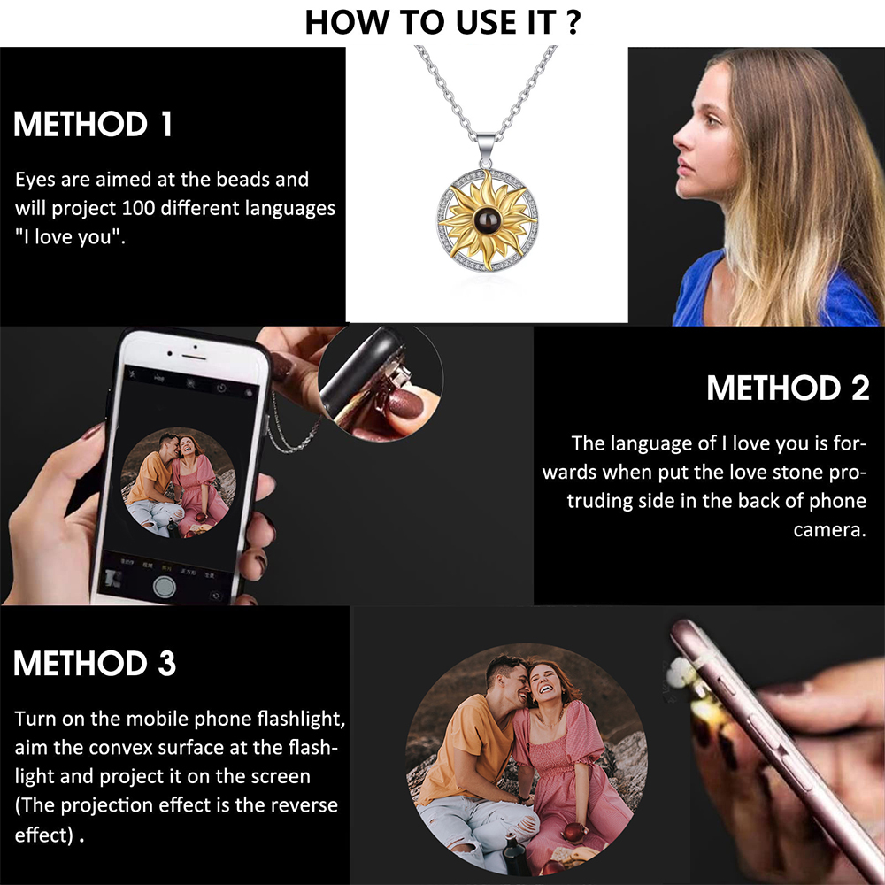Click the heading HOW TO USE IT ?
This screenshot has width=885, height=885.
[x=442, y=23]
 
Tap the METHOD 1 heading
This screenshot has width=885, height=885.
[x=93, y=124]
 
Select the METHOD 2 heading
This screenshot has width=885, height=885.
[x=788, y=389]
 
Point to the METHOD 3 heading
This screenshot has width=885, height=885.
[x=95, y=663]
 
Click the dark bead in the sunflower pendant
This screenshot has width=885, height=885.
[x=487, y=219]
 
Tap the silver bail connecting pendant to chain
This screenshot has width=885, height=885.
[x=487, y=148]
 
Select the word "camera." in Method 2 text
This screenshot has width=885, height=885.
[x=829, y=530]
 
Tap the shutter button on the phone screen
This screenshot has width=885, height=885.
[x=165, y=587]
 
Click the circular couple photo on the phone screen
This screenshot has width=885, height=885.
[x=179, y=482]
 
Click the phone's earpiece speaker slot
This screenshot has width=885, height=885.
[x=194, y=358]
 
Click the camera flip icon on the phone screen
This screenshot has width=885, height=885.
[x=216, y=596]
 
